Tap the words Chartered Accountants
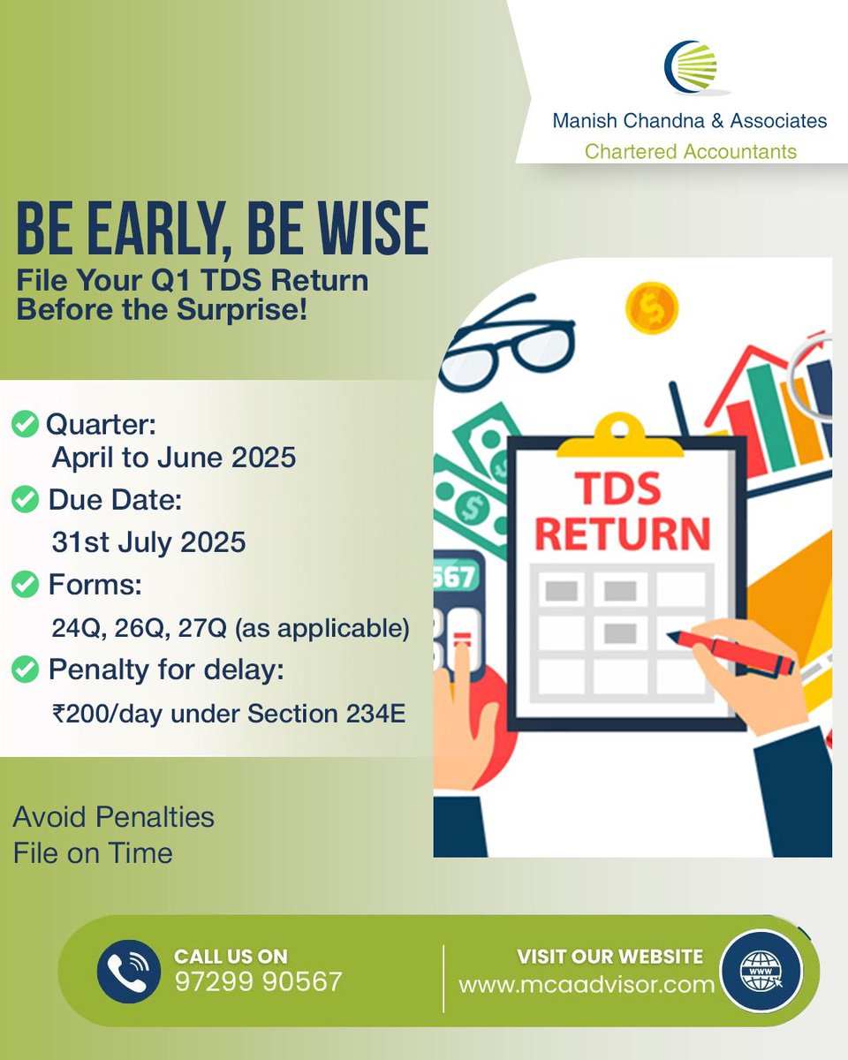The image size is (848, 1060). [x=690, y=151]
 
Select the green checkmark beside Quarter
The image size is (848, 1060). [x=26, y=425]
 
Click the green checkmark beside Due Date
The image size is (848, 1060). [x=26, y=501]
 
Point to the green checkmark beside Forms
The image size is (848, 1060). [x=26, y=584]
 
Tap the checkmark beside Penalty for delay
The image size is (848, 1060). [x=26, y=669]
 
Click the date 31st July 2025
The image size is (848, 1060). [x=148, y=542]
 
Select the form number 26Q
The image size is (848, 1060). [x=158, y=628]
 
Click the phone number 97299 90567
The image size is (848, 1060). [x=258, y=981]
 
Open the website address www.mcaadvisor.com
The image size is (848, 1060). [x=587, y=984]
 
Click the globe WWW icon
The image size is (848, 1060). [x=760, y=970]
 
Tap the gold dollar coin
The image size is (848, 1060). [x=651, y=307]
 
